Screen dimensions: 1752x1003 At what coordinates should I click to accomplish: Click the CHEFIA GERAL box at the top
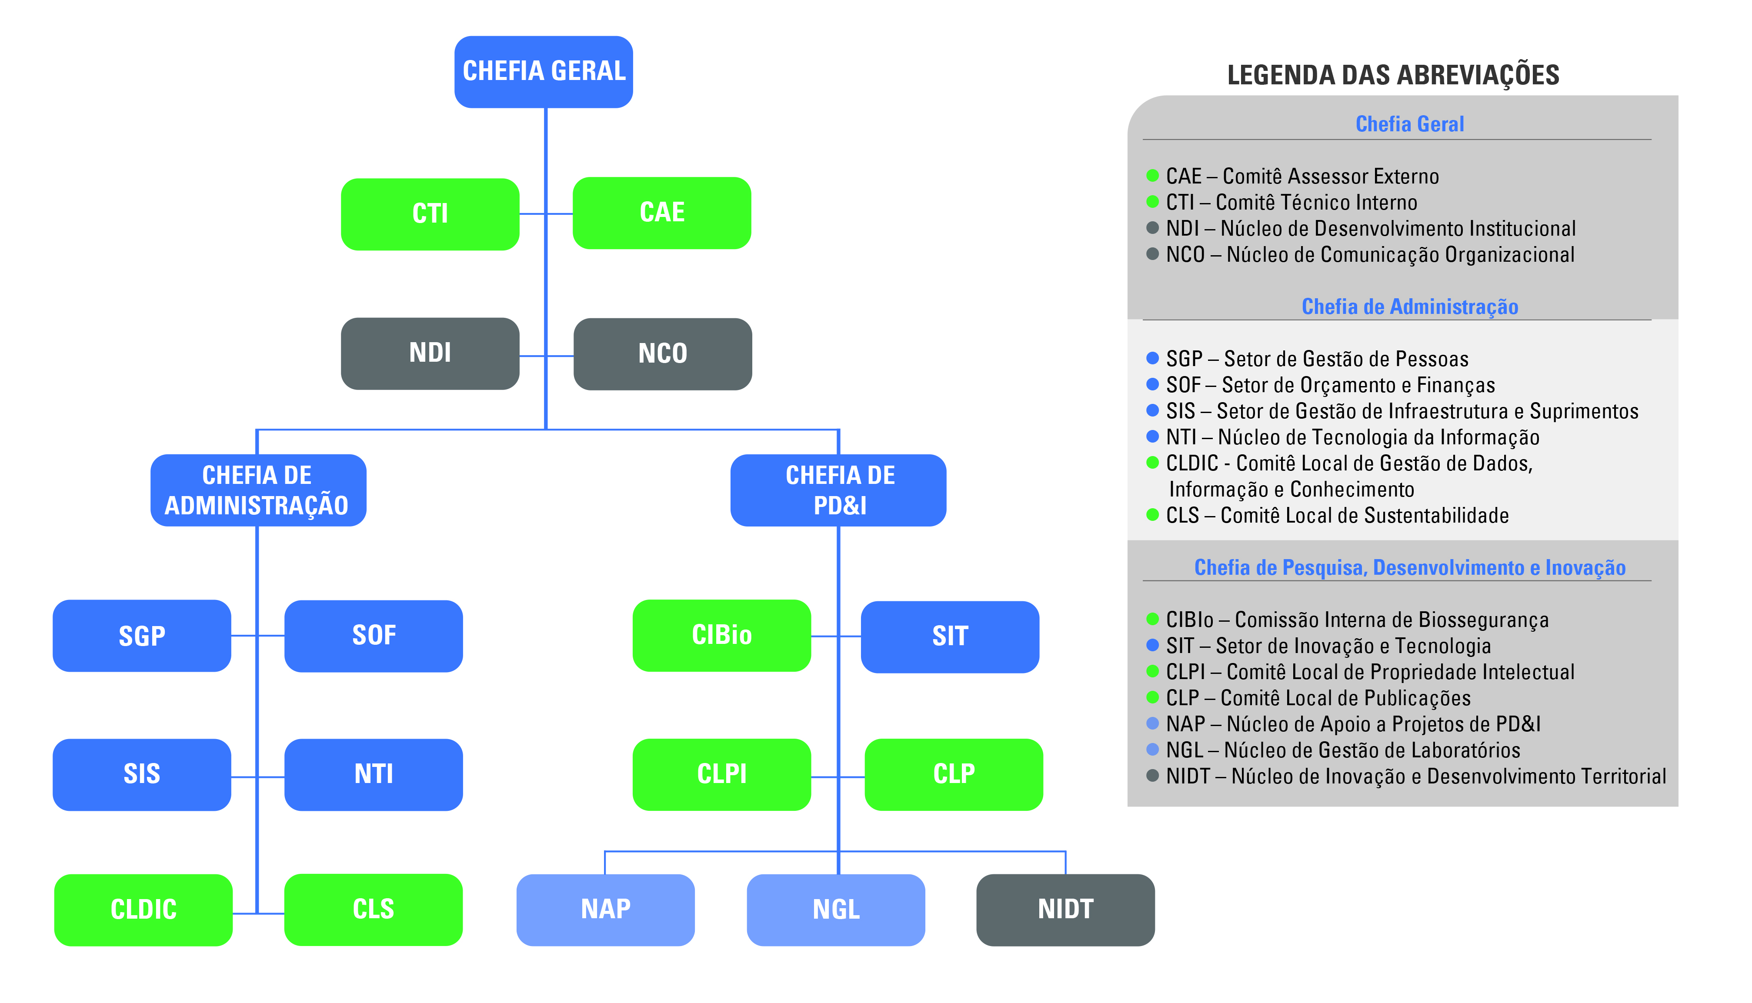pyautogui.click(x=544, y=72)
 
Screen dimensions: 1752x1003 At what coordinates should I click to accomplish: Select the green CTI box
pyautogui.click(x=430, y=214)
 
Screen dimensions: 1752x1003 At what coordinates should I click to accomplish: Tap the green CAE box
pyautogui.click(x=662, y=213)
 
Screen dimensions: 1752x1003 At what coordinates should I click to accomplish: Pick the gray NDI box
pyautogui.click(x=430, y=353)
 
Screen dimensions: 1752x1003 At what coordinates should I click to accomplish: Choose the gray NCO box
pyautogui.click(x=663, y=354)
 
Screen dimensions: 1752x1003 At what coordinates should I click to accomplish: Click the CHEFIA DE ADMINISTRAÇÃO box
pyautogui.click(x=258, y=490)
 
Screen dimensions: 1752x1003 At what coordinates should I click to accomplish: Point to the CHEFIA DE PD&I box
pyautogui.click(x=838, y=490)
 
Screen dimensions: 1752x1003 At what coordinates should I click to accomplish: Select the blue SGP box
pyautogui.click(x=142, y=636)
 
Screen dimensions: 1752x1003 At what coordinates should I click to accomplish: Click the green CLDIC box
pyautogui.click(x=143, y=910)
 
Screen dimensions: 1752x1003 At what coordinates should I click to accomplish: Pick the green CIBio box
pyautogui.click(x=722, y=636)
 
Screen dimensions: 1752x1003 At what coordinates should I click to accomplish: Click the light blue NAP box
pyautogui.click(x=606, y=910)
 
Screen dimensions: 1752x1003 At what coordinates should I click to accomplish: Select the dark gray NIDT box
pyautogui.click(x=1066, y=910)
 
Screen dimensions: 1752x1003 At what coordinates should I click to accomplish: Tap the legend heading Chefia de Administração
pyautogui.click(x=1410, y=307)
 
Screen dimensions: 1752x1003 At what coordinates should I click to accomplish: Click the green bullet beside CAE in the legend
pyautogui.click(x=1152, y=176)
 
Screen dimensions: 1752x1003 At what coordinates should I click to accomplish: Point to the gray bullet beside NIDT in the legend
pyautogui.click(x=1152, y=776)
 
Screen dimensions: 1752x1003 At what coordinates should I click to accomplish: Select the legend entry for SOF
pyautogui.click(x=1330, y=385)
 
